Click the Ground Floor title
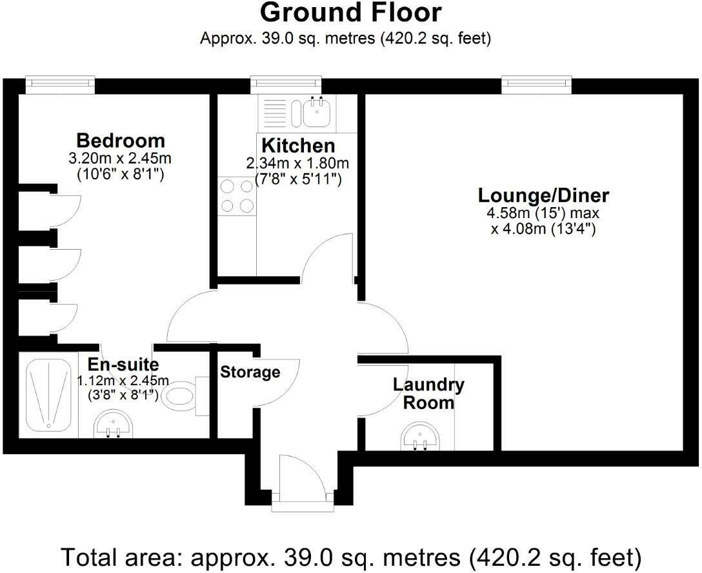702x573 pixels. (350, 12)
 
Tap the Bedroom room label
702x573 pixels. (121, 141)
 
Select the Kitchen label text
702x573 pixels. (298, 146)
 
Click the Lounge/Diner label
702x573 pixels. (543, 196)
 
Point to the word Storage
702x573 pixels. (250, 372)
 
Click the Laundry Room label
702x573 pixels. (428, 394)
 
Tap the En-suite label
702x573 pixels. (123, 365)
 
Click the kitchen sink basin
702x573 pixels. (317, 112)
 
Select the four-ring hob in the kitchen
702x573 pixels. (237, 196)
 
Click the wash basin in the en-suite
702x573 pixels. (114, 423)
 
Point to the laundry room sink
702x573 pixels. (421, 437)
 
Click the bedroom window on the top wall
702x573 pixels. (60, 85)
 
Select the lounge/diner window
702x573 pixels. (536, 85)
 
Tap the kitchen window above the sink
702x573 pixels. (286, 85)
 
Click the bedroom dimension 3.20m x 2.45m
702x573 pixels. (120, 159)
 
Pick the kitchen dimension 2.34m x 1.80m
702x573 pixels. (297, 163)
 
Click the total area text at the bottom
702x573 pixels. (351, 558)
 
